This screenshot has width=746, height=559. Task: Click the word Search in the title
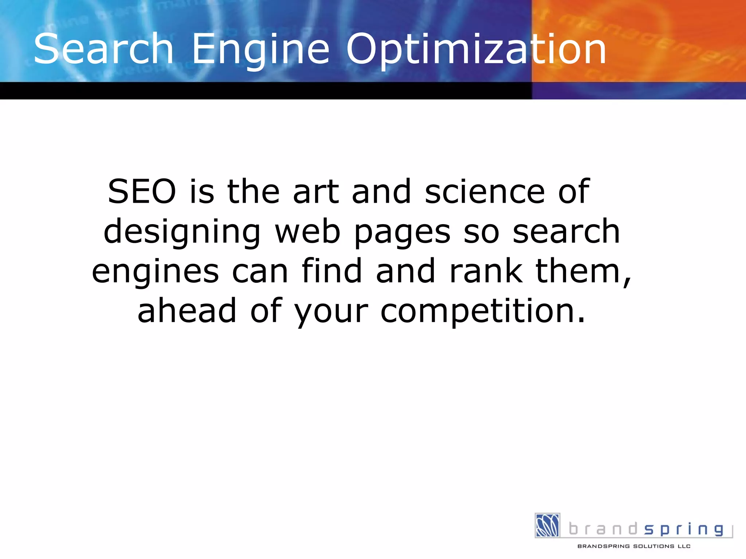click(103, 49)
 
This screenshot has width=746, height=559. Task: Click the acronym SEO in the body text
click(142, 192)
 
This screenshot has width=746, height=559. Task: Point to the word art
click(316, 192)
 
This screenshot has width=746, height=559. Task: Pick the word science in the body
click(485, 192)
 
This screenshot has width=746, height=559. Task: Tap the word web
click(307, 232)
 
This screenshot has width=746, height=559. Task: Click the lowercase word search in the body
click(566, 232)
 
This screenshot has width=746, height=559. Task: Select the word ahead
click(187, 311)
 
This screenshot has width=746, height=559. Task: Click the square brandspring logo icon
click(547, 525)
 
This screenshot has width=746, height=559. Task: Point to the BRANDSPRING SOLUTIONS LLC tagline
click(634, 546)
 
